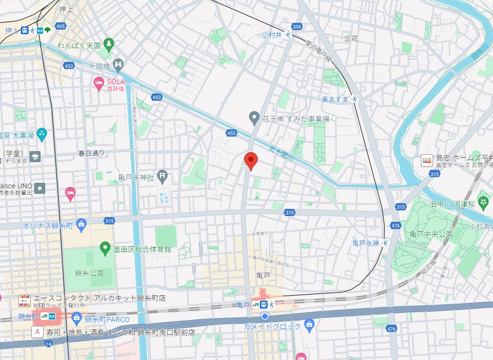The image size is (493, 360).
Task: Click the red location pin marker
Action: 251,161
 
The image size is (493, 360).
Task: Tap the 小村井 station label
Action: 271,35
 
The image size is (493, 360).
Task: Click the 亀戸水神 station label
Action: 366,243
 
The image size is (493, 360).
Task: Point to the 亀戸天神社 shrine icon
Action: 163,177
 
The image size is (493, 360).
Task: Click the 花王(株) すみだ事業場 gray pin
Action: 254,118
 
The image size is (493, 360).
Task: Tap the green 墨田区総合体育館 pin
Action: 105,249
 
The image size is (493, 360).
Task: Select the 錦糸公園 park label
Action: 89,272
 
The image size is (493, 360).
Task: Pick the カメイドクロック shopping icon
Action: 310,326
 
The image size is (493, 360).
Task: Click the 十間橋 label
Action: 98,66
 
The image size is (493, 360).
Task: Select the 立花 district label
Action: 351,38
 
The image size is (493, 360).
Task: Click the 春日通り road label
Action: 91,153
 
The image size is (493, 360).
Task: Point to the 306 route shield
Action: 297,26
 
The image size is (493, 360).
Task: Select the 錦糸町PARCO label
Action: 106,318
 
